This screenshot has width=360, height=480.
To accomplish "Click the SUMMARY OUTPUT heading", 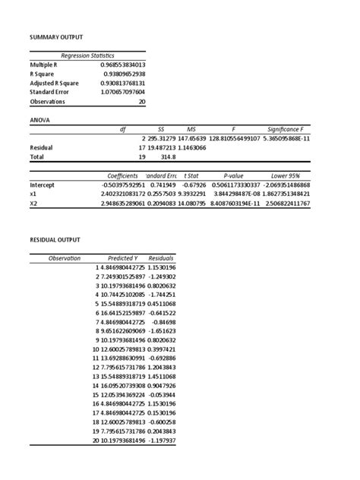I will coord(56,36).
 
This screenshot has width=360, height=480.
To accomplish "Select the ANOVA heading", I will coord(41,119).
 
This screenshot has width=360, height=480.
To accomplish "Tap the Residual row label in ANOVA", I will coord(43,147).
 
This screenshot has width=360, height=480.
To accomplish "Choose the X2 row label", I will coord(33,204).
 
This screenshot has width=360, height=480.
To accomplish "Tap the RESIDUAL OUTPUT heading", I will coord(55,239).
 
